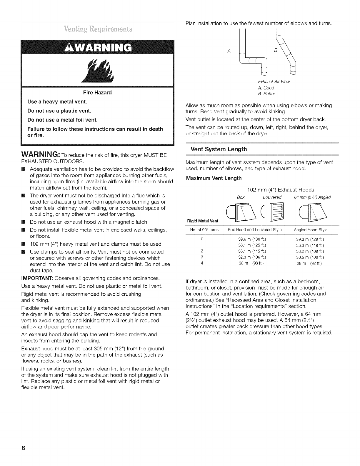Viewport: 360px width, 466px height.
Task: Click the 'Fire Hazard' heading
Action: [x=98, y=93]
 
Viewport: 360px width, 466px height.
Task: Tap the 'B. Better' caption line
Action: [x=266, y=94]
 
